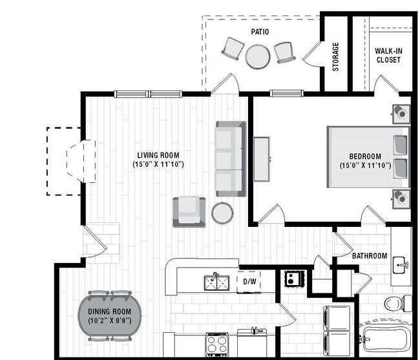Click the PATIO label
tap(260, 31)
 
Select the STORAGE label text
tap(335, 57)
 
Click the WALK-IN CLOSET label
tap(388, 56)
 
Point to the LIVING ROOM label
tap(158, 155)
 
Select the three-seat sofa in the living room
tap(231, 159)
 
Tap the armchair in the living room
tap(189, 211)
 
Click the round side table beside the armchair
tap(222, 213)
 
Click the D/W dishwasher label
tap(249, 281)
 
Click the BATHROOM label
tap(370, 256)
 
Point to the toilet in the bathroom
tap(395, 302)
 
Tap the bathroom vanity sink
tap(401, 264)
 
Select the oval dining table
tap(114, 315)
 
